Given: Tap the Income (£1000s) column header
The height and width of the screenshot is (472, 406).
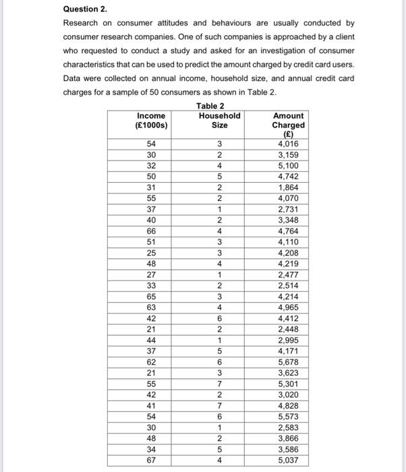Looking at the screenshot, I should click(x=152, y=120).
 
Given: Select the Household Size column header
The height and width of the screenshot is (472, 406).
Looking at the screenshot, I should click(x=219, y=120).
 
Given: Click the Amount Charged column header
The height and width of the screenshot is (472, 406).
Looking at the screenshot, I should click(x=288, y=125).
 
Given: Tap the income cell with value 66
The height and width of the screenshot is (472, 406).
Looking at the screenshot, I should click(x=152, y=231).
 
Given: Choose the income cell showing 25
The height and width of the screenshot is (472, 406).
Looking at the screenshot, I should click(x=152, y=253).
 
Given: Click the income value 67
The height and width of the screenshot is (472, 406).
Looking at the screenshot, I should click(x=152, y=461).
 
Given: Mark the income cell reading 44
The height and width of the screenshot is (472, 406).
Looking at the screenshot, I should click(x=152, y=341).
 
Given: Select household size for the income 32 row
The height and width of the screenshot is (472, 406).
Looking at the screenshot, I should click(x=219, y=166).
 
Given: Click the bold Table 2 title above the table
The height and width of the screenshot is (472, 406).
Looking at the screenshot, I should click(x=210, y=106).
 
